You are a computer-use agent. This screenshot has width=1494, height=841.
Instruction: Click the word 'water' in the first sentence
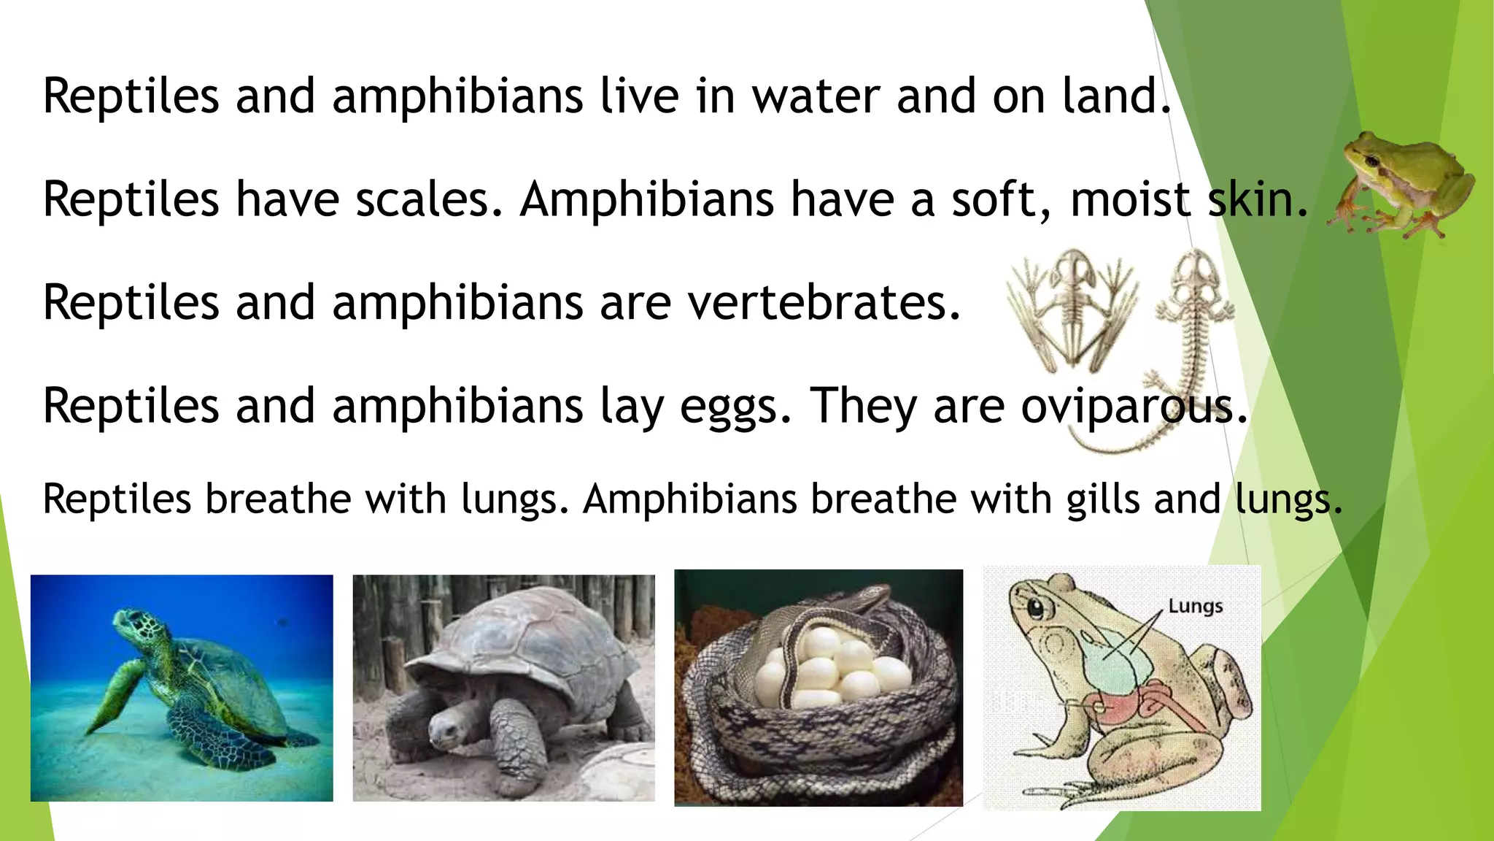click(816, 96)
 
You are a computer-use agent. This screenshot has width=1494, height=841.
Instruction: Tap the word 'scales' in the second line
click(422, 199)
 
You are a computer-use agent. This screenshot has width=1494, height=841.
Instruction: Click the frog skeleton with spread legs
click(1070, 307)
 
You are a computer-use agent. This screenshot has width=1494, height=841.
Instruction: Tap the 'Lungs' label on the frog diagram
click(1195, 606)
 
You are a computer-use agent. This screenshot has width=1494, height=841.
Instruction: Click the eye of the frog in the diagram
click(1034, 605)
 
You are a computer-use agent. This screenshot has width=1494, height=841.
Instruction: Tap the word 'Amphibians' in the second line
click(646, 199)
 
